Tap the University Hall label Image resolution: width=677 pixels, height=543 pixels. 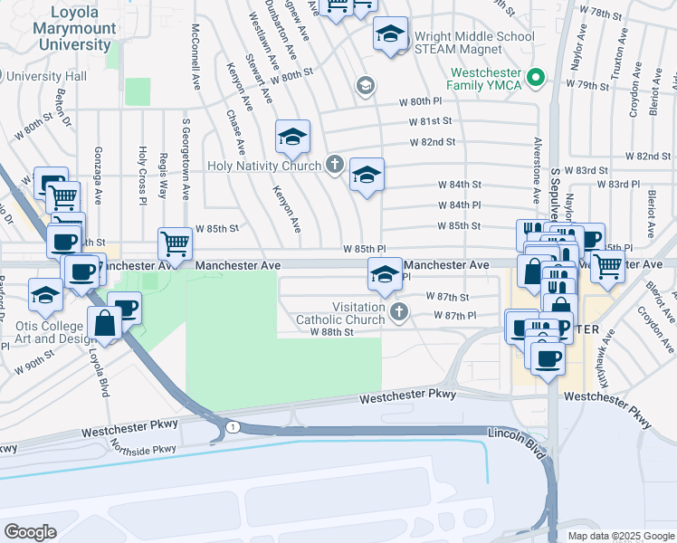click(45, 77)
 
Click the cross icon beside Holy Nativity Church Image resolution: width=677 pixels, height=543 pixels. click(334, 165)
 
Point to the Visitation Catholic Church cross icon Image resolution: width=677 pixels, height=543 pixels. click(398, 313)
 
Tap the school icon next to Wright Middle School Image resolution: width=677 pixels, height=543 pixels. click(390, 35)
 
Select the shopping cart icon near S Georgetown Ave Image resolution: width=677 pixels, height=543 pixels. click(175, 243)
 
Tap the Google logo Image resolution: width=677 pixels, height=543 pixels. click(30, 531)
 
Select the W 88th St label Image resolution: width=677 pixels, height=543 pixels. click(330, 332)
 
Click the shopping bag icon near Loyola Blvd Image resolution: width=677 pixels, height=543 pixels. click(105, 322)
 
